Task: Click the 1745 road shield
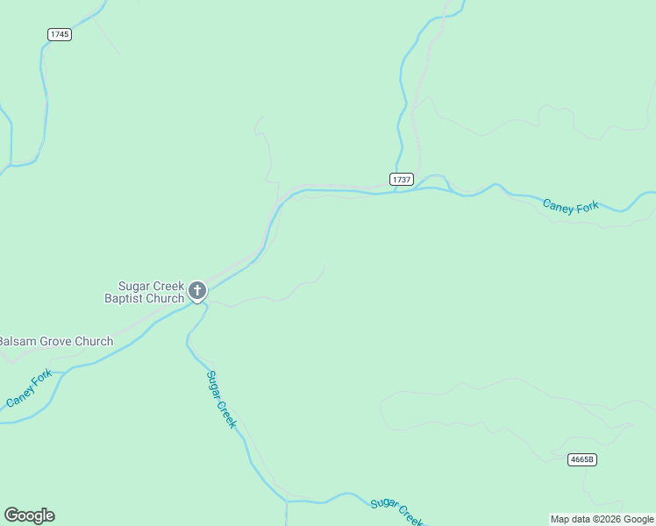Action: (60, 34)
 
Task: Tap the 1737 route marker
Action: (402, 179)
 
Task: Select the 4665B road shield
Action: (582, 459)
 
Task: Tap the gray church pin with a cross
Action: (197, 290)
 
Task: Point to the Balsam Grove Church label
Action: (56, 341)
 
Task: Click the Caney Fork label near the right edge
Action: (570, 206)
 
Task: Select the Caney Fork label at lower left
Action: (29, 389)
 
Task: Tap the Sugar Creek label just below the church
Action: (221, 399)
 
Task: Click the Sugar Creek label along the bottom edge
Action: (397, 510)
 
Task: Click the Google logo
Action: (29, 515)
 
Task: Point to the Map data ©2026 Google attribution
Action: (602, 519)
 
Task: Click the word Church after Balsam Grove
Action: (94, 341)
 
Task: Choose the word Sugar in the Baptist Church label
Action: (135, 286)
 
